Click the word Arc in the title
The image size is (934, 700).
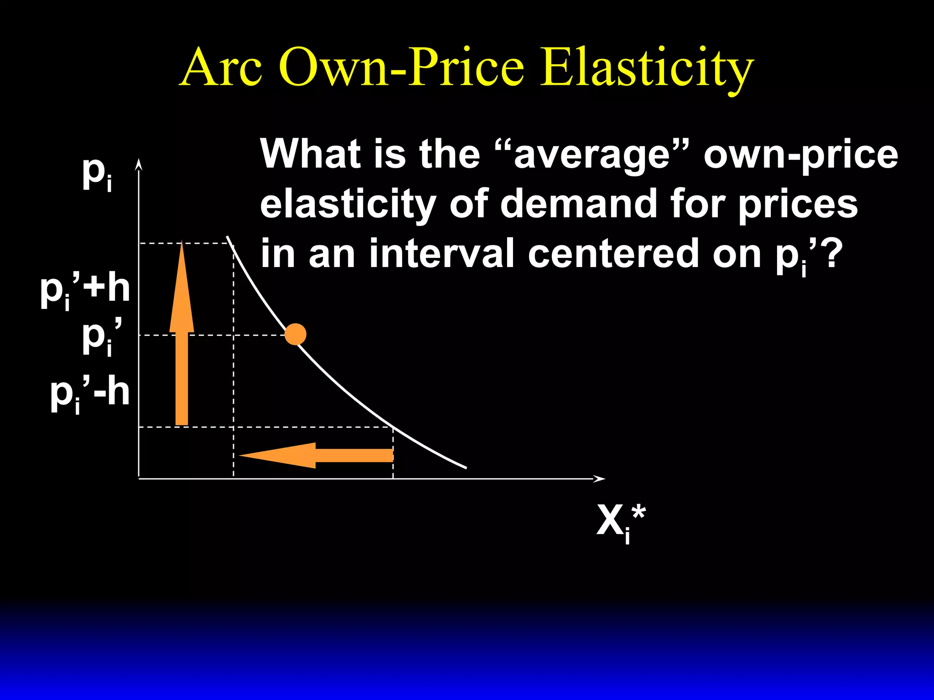(x=222, y=67)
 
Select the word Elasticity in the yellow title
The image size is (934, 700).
(x=646, y=68)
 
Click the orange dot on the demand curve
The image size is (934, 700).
(x=296, y=335)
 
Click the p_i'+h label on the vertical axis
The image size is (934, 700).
(x=85, y=290)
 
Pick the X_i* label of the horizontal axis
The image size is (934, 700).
(x=621, y=522)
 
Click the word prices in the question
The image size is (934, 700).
(x=798, y=204)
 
